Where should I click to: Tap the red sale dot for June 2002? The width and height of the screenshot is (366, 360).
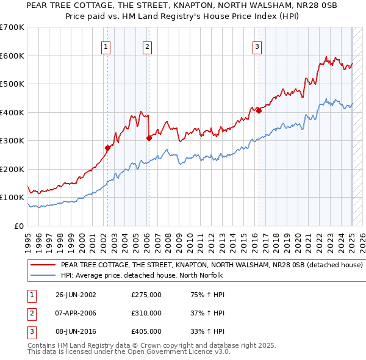[x=108, y=148]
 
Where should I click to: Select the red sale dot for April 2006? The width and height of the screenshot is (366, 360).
[x=149, y=138]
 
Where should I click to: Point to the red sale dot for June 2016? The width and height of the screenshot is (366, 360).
[x=259, y=110]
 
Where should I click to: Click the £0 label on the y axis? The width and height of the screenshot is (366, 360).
[x=19, y=226]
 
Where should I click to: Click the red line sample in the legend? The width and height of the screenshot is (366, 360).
[x=43, y=265]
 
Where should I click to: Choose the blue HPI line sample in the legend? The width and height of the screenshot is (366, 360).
[x=43, y=276]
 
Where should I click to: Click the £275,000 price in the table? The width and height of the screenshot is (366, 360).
[x=146, y=295]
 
